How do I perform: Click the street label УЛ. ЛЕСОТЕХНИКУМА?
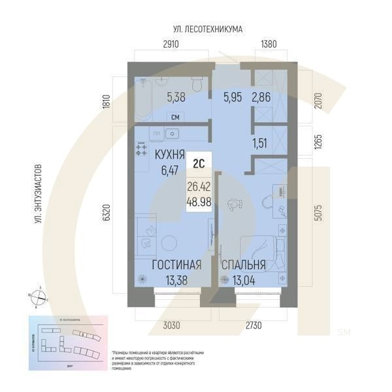(x=208, y=29)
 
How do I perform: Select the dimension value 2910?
(x=171, y=45)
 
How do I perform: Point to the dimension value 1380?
(x=269, y=45)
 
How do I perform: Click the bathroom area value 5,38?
(x=176, y=98)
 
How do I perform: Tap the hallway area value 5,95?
(x=233, y=98)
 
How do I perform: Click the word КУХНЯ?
(x=169, y=157)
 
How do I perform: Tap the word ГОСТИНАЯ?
(x=176, y=265)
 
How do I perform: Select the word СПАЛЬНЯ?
(x=243, y=265)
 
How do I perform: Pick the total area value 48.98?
(x=199, y=203)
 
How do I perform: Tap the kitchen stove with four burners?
(x=142, y=150)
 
